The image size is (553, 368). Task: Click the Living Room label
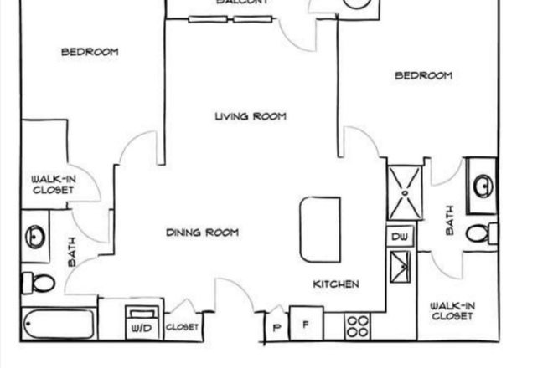[x=250, y=116]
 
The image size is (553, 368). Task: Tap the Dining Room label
[x=202, y=233]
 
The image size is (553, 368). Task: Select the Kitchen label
[x=336, y=284]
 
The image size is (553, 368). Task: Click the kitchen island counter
[x=320, y=228]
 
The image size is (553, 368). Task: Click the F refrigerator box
[x=307, y=325]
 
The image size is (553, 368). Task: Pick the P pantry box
[x=276, y=326]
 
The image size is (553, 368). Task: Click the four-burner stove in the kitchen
[x=359, y=325]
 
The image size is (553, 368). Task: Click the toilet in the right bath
[x=480, y=233]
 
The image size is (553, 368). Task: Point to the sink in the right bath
[x=483, y=185]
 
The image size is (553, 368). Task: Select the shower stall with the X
[x=406, y=192]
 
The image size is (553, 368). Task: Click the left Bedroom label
[x=90, y=52]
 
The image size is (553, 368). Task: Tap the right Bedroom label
[x=423, y=76]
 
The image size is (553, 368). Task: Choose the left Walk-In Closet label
[x=53, y=184]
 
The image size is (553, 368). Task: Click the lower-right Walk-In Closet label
[x=451, y=311]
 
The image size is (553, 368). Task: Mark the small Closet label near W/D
[x=182, y=327]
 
